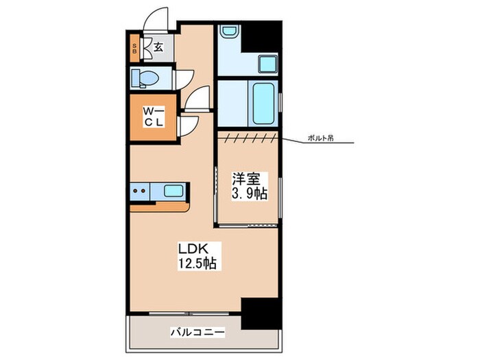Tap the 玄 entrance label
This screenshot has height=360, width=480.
tap(158, 47)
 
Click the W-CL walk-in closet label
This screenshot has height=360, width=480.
tap(154, 117)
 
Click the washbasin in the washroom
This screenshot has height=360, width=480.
tap(229, 33)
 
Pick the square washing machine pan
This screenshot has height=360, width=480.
tap(268, 64)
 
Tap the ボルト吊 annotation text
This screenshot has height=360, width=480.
tap(320, 138)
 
